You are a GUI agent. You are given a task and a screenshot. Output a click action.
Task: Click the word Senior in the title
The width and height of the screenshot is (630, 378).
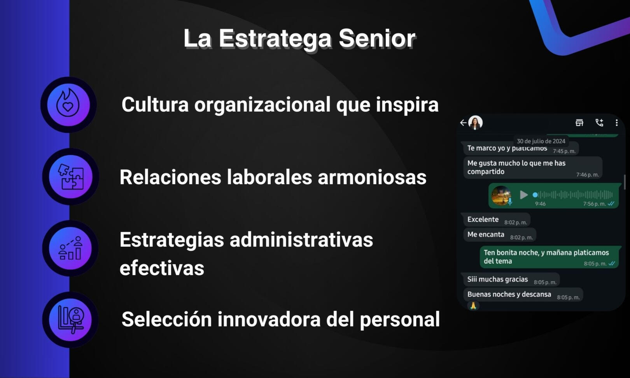[x=376, y=39]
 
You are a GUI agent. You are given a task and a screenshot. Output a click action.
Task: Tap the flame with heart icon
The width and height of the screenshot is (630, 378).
[x=68, y=104]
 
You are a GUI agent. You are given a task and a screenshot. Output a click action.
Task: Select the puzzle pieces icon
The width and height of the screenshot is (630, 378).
[x=70, y=177]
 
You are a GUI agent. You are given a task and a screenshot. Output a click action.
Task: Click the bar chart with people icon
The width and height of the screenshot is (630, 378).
[x=70, y=248]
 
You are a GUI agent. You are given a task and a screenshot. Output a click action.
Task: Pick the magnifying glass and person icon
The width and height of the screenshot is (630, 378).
[x=70, y=320]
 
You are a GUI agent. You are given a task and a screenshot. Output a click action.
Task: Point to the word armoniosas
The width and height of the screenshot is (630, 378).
[x=372, y=177]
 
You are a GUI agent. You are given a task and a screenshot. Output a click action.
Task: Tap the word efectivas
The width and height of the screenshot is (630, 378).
[x=162, y=268]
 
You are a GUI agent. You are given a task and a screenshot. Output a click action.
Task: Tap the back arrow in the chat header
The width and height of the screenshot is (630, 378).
[x=463, y=123]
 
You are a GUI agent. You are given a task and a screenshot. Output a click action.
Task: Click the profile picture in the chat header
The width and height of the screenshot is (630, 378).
[x=475, y=123]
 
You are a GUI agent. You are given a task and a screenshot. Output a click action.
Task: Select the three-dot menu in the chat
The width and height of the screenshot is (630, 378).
[x=616, y=123]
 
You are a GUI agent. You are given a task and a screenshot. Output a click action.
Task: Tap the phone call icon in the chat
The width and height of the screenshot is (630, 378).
[x=599, y=123]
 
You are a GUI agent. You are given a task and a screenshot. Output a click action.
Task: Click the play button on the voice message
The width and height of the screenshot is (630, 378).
[x=524, y=195]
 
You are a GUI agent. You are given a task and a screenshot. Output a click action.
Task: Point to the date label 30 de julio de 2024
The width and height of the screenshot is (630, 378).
[x=541, y=141]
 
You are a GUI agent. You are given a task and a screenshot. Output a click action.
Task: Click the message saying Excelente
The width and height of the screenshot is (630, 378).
[x=483, y=220]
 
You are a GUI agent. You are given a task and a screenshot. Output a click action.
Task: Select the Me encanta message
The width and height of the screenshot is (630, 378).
[x=486, y=235]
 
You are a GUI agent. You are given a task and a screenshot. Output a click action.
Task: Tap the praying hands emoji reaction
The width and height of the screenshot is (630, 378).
[x=473, y=306]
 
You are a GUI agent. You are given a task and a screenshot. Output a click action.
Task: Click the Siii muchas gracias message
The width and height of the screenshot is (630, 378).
[x=497, y=280]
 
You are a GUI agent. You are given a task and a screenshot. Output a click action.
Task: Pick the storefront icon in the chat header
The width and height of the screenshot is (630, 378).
[x=579, y=123]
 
